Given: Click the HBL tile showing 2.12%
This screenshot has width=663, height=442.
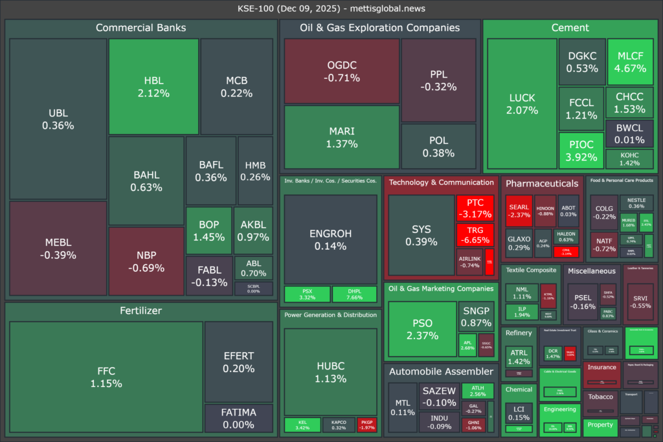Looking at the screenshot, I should [x=153, y=87].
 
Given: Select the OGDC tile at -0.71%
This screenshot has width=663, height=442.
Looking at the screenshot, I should [x=342, y=71].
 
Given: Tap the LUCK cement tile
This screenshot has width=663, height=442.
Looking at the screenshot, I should [x=522, y=104].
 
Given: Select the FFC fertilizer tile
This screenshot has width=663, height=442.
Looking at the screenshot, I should [x=106, y=377].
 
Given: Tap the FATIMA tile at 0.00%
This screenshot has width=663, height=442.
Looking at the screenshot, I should [x=238, y=418].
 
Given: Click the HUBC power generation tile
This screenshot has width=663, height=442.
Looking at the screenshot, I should [x=330, y=371].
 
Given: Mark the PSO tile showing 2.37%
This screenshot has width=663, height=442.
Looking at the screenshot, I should [x=421, y=329].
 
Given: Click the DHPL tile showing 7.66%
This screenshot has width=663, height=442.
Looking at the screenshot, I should [x=354, y=294].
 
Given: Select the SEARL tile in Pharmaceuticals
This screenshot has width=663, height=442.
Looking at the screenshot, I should [x=519, y=211].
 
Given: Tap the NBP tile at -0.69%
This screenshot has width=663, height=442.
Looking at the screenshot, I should [x=146, y=260].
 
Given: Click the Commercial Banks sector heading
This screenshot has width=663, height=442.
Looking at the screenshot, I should [x=140, y=28].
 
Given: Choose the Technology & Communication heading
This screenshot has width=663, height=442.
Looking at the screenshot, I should [x=441, y=182].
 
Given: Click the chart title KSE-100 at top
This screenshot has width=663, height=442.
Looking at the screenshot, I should [x=331, y=8].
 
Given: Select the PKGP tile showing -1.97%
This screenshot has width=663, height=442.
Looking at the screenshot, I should [x=366, y=425].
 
